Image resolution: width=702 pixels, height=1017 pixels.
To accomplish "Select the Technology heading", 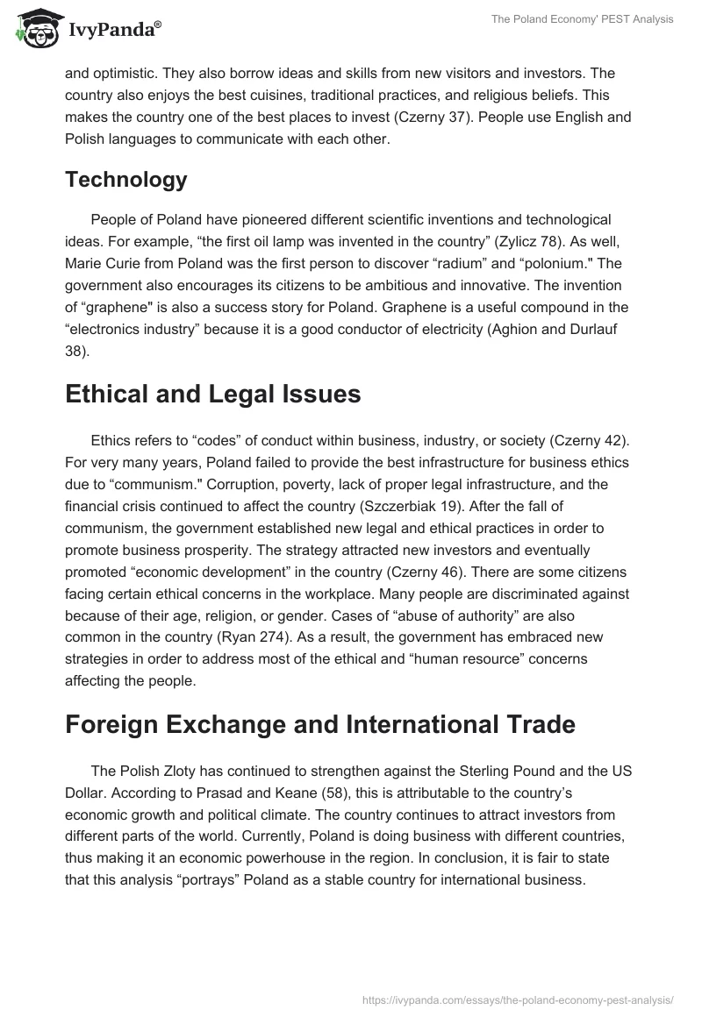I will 125,180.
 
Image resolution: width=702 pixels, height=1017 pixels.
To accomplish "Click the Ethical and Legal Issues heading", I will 212,395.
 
